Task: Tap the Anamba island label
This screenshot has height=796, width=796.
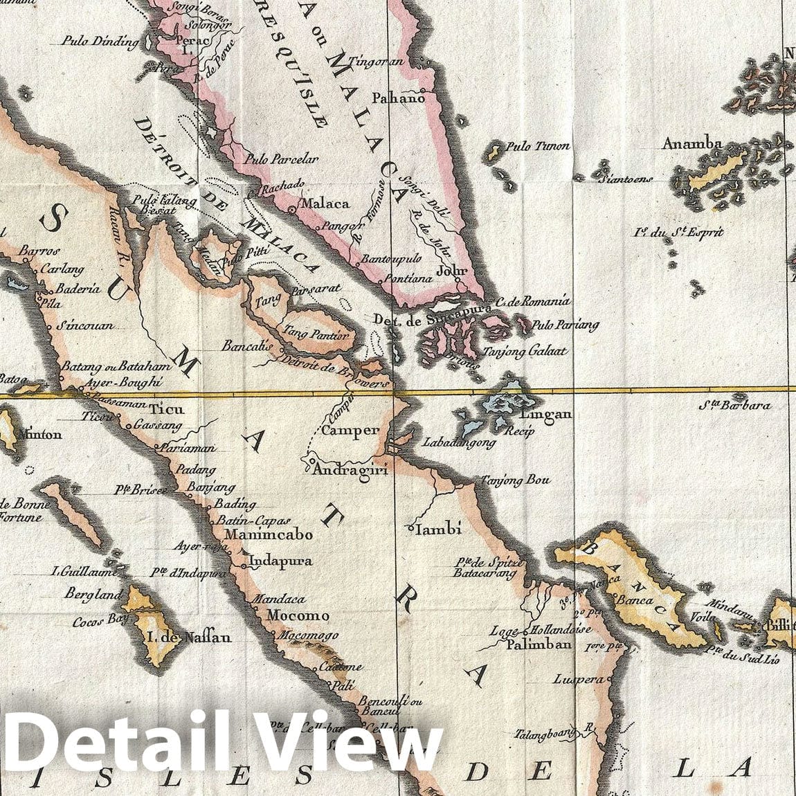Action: [x=692, y=144]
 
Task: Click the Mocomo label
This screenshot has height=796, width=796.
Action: [x=299, y=615]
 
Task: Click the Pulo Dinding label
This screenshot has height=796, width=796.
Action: [x=100, y=42]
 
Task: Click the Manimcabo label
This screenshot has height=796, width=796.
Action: [x=269, y=535]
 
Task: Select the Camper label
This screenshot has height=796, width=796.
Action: [x=352, y=431]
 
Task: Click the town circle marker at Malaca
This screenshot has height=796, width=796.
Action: [x=291, y=207]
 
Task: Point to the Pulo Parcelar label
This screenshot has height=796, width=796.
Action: [x=281, y=160]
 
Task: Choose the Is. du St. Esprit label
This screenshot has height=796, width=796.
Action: [x=680, y=233]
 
